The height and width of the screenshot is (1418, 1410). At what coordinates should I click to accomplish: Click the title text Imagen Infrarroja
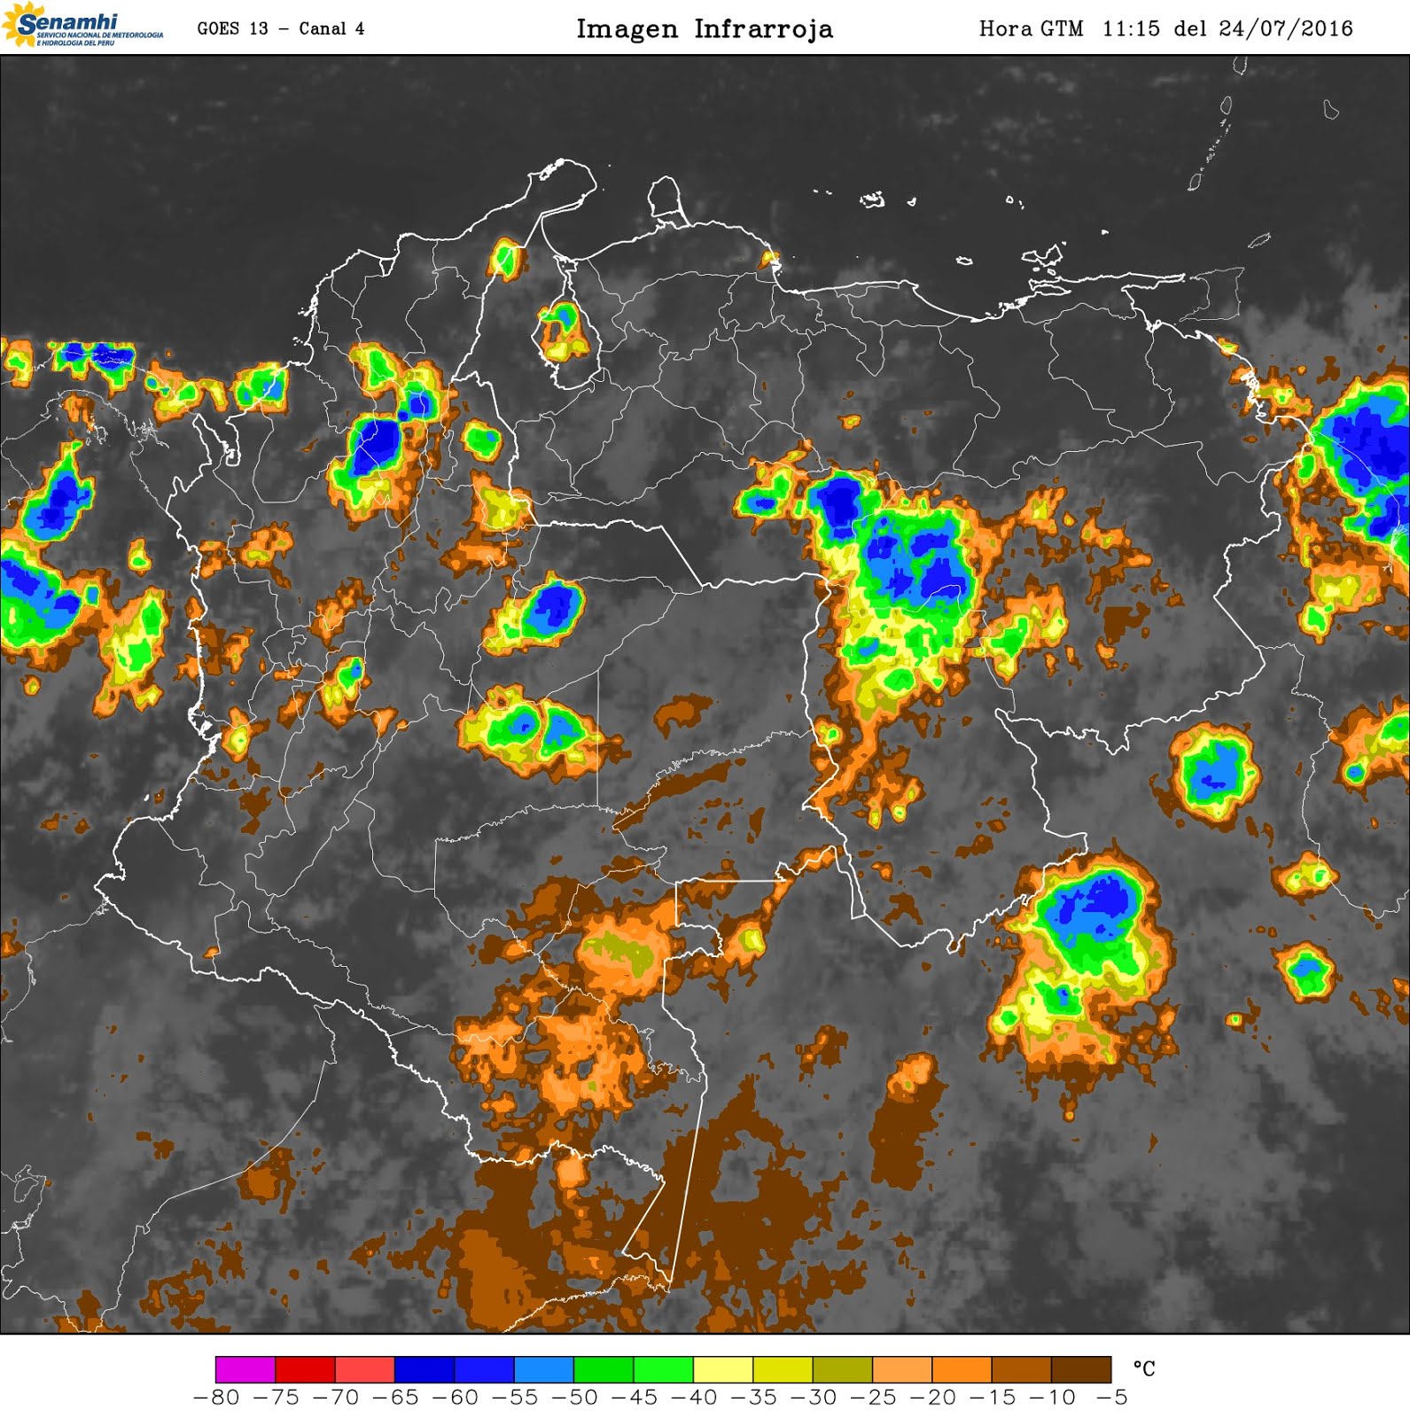tap(705, 28)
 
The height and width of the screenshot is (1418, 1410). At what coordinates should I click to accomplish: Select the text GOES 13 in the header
tap(232, 28)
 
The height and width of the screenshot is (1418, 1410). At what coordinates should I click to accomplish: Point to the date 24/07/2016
tap(1286, 28)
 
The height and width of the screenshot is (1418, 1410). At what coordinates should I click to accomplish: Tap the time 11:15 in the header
tap(1131, 28)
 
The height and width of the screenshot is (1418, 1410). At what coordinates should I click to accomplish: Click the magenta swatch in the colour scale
tap(245, 1368)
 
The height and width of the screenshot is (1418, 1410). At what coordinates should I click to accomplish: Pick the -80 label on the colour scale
tap(216, 1398)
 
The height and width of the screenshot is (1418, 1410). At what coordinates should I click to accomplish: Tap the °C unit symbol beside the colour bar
tap(1144, 1369)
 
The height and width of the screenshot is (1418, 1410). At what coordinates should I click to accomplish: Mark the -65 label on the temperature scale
tap(395, 1398)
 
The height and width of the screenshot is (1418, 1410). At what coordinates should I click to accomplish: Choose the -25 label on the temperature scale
tap(873, 1398)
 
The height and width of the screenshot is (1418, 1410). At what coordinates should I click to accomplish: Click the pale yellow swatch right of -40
tap(723, 1368)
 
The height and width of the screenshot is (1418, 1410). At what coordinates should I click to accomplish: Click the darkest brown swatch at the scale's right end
tap(1081, 1368)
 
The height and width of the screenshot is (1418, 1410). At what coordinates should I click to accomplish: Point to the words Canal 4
tap(331, 28)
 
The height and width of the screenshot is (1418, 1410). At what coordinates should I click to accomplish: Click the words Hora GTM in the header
tap(1031, 28)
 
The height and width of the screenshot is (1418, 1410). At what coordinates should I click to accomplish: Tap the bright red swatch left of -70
tap(305, 1368)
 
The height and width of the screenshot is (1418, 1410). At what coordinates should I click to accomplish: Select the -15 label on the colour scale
tap(993, 1398)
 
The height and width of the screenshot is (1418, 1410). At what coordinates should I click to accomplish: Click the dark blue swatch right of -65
tap(425, 1368)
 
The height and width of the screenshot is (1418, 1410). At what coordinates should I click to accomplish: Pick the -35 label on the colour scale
tap(753, 1398)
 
